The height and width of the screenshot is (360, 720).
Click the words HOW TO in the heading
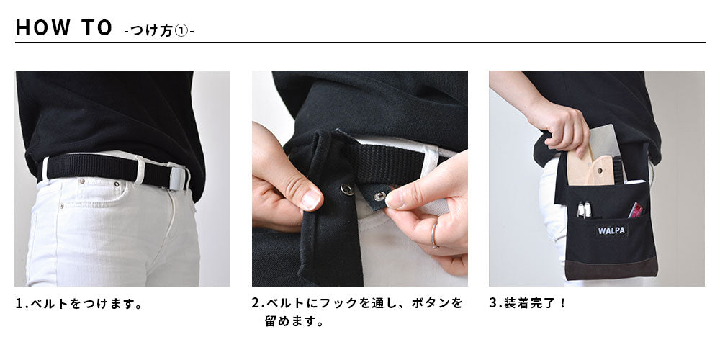tap(64, 27)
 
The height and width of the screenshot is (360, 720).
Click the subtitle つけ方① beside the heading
tap(159, 31)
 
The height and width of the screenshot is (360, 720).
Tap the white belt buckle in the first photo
tap(176, 177)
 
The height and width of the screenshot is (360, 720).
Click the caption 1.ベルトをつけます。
tap(79, 304)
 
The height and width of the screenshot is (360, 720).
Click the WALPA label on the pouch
tap(612, 230)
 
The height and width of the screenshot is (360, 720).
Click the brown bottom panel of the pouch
tap(611, 268)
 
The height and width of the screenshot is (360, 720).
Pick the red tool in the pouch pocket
tap(635, 210)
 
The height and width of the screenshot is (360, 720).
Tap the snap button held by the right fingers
tap(379, 197)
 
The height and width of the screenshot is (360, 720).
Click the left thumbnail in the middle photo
tap(311, 199)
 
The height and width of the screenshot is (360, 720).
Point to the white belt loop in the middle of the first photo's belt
tap(140, 171)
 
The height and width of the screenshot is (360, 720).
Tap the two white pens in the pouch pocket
tap(584, 210)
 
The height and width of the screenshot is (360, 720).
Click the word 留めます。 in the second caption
tap(294, 321)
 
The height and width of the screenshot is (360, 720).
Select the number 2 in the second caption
tap(256, 303)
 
